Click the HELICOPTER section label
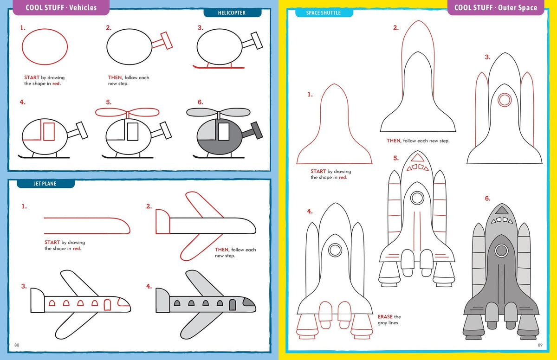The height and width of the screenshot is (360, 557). [x=232, y=13]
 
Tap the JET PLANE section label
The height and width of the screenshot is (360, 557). [x=45, y=184]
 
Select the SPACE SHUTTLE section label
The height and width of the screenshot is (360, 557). [x=324, y=13]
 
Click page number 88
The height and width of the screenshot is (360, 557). [x=17, y=345]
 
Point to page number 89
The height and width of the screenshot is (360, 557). [x=540, y=345]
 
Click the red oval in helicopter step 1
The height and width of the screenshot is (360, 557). [x=45, y=46]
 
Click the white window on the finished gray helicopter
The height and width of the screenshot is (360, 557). [x=224, y=131]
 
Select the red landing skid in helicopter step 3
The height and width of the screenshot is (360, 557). [x=218, y=68]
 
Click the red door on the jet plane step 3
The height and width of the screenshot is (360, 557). [x=108, y=305]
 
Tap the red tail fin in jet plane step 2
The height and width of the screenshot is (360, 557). [x=162, y=221]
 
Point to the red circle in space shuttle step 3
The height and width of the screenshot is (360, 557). [x=504, y=99]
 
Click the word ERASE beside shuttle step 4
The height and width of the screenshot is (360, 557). [x=385, y=317]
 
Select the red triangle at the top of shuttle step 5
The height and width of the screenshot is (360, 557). [x=417, y=157]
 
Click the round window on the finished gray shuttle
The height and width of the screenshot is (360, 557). [x=501, y=251]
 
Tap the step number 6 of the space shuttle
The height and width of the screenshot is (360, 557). [x=487, y=199]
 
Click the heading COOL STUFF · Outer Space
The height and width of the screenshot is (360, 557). [x=495, y=7]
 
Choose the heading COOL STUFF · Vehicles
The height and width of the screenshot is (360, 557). [x=61, y=7]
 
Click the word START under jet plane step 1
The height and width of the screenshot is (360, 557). [x=52, y=242]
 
